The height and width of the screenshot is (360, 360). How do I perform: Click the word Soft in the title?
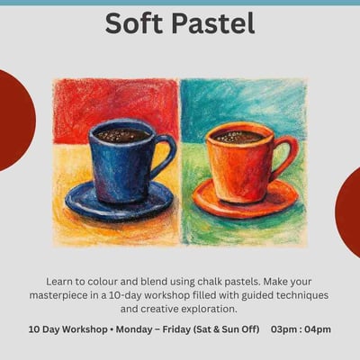(134, 24)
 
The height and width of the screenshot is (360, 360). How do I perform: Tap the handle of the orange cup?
(283, 154)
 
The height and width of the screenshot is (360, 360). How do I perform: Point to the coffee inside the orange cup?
(237, 137)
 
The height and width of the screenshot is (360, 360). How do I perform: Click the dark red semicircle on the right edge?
(349, 211)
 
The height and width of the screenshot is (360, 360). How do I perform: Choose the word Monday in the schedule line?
(139, 329)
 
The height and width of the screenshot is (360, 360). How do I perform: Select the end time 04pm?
(317, 329)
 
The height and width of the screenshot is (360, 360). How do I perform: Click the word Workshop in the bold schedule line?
(85, 329)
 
